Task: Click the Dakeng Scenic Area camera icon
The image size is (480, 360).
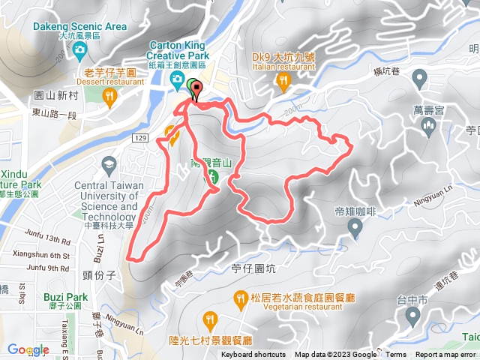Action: (x=80, y=50)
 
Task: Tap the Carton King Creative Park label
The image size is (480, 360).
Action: (x=178, y=49)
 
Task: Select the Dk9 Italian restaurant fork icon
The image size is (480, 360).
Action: (x=283, y=79)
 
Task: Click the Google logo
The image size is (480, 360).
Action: (x=28, y=349)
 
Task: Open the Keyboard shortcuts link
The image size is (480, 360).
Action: (x=253, y=355)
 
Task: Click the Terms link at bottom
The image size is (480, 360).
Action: (x=396, y=355)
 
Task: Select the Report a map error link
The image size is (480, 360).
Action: (x=445, y=355)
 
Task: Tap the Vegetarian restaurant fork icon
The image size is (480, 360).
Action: (x=240, y=298)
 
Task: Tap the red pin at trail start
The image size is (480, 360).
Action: (x=197, y=90)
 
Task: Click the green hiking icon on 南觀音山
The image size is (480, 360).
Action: (x=212, y=177)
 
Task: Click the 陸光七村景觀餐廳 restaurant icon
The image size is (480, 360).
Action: (x=212, y=320)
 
